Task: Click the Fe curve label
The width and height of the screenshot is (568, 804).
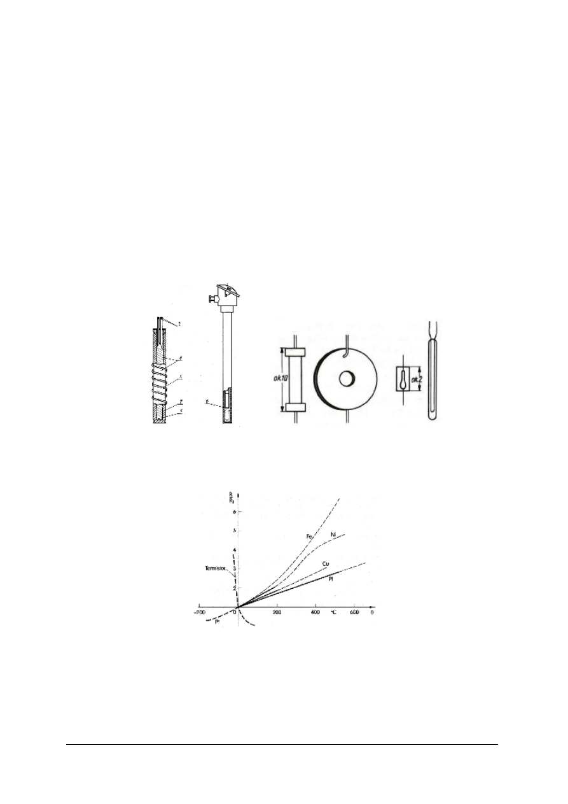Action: point(310,537)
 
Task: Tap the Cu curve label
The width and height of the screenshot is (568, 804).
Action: point(325,564)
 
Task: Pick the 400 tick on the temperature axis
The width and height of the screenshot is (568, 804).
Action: point(315,612)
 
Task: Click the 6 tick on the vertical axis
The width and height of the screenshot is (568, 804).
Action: point(234,511)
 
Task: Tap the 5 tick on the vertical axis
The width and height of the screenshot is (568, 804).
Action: point(234,530)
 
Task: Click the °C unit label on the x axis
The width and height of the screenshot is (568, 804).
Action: point(333,612)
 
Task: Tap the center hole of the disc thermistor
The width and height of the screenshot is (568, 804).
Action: point(347,379)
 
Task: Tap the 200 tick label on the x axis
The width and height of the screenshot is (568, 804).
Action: point(277,612)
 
